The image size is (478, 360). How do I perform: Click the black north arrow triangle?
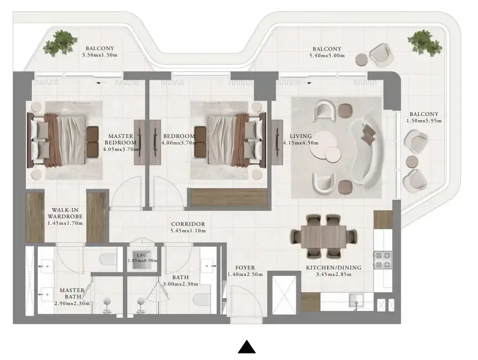(247, 347)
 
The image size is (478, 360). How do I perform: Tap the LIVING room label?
(301, 136)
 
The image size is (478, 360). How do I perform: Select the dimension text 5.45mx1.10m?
(188, 231)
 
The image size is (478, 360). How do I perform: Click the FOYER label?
(245, 268)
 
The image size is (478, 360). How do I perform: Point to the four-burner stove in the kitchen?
(383, 260)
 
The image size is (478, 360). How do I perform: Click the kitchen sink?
(356, 300)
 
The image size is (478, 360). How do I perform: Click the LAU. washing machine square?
(142, 261)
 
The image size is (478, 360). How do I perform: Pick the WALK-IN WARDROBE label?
(65, 213)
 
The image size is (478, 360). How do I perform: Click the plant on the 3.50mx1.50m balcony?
(60, 43)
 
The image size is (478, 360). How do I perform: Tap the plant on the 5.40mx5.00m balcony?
(425, 43)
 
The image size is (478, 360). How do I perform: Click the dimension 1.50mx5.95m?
(424, 121)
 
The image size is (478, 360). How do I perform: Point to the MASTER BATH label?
(72, 293)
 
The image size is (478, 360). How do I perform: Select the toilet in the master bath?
(107, 259)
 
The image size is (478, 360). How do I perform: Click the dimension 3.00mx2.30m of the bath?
(181, 284)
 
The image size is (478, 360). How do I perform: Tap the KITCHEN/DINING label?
(334, 268)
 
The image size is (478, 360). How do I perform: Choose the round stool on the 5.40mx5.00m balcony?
(362, 59)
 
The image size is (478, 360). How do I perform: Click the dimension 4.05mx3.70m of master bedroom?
(121, 149)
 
